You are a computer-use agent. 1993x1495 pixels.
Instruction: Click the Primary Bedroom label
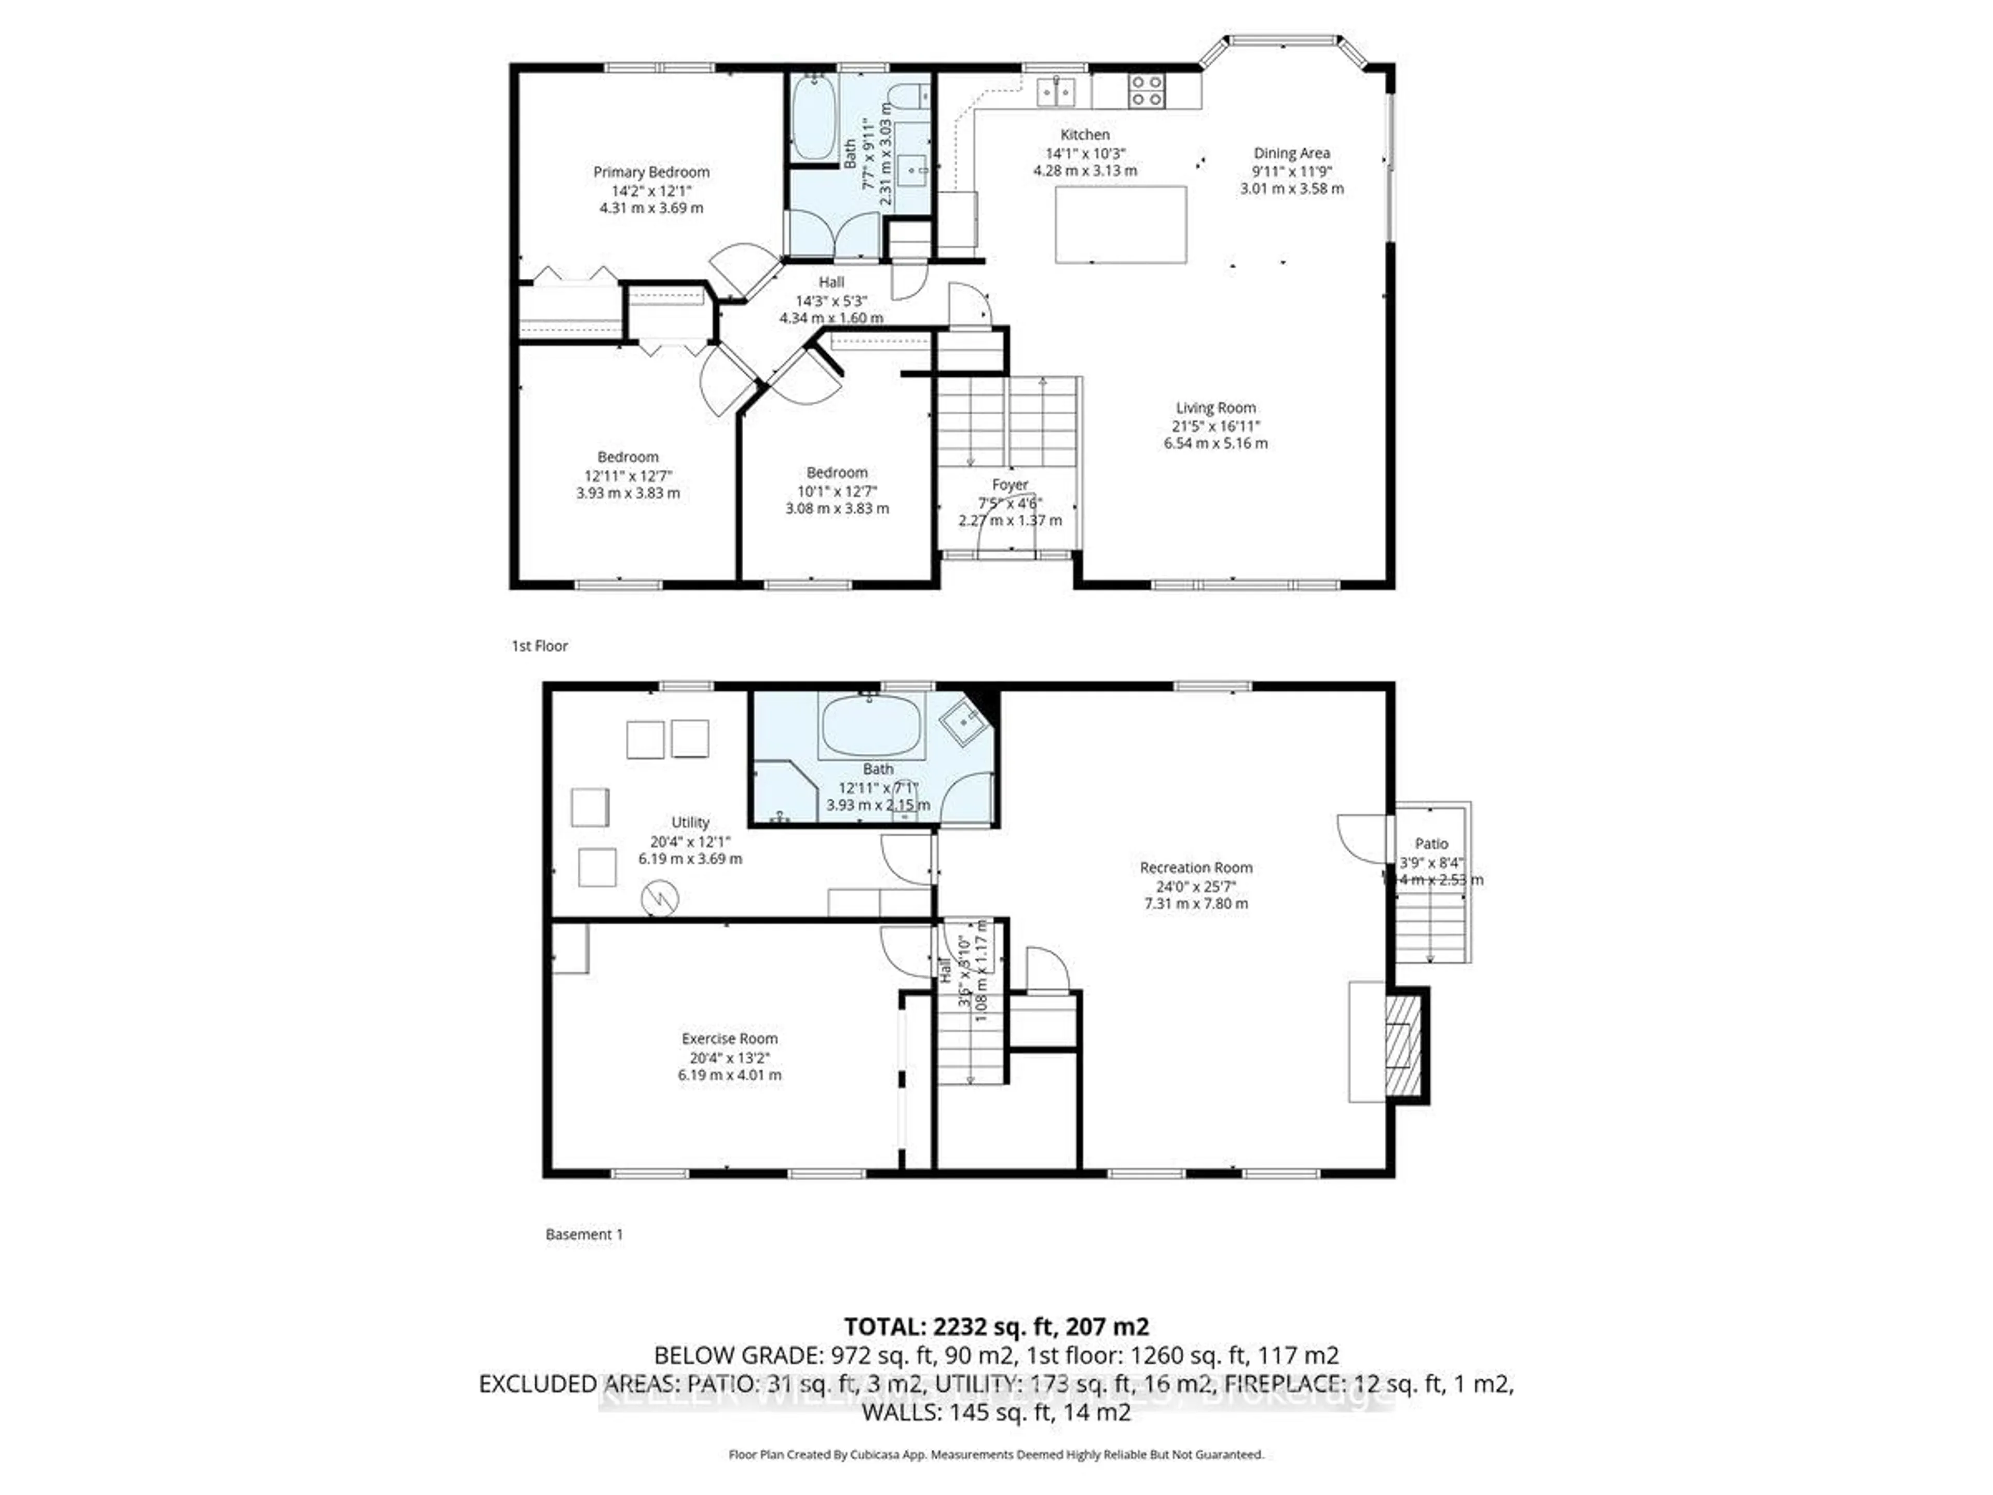650,172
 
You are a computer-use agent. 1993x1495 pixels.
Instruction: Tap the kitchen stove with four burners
1146,91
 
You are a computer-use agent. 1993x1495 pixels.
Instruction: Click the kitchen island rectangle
1120,224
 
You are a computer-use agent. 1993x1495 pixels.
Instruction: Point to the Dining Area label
1291,153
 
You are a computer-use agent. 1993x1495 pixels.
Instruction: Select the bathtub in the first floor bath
814,117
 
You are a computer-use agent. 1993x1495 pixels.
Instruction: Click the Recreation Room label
1196,868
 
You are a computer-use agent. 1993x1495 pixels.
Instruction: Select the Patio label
1431,844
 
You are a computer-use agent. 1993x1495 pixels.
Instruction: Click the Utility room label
690,822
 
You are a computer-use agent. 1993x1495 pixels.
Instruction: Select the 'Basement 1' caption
584,1234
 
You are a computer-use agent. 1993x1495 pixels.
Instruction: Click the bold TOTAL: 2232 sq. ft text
995,1326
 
